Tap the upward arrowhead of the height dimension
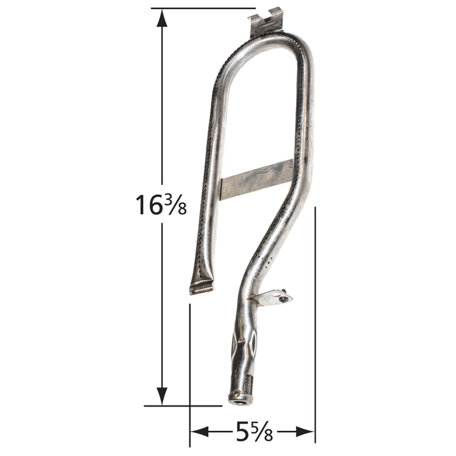[x=162, y=18]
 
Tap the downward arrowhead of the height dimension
[x=162, y=396]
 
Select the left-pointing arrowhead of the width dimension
[x=200, y=432]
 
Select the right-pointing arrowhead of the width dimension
[x=306, y=432]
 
